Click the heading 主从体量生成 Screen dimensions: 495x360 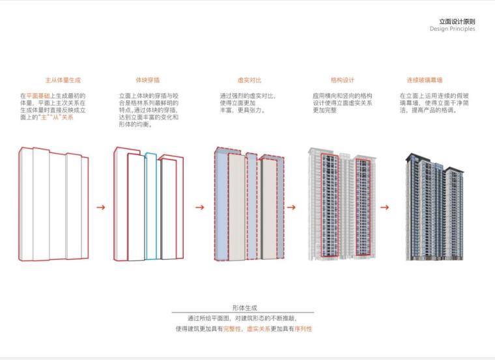pyautogui.click(x=63, y=80)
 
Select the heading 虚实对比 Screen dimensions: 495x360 pyautogui.click(x=249, y=80)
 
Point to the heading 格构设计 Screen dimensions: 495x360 pyautogui.click(x=342, y=80)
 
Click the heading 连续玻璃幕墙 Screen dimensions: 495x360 pyautogui.click(x=424, y=80)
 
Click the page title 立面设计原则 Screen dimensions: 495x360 pyautogui.click(x=457, y=21)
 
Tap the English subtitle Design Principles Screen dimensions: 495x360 pyautogui.click(x=452, y=29)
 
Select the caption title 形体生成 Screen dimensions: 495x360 pyautogui.click(x=244, y=307)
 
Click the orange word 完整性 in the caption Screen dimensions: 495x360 pyautogui.click(x=233, y=329)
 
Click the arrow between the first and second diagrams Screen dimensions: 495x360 pyautogui.click(x=100, y=208)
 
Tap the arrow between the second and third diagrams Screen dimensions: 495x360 pyautogui.click(x=200, y=208)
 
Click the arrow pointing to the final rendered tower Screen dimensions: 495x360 pyautogui.click(x=384, y=208)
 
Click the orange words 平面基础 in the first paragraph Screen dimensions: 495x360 pyautogui.click(x=38, y=96)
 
